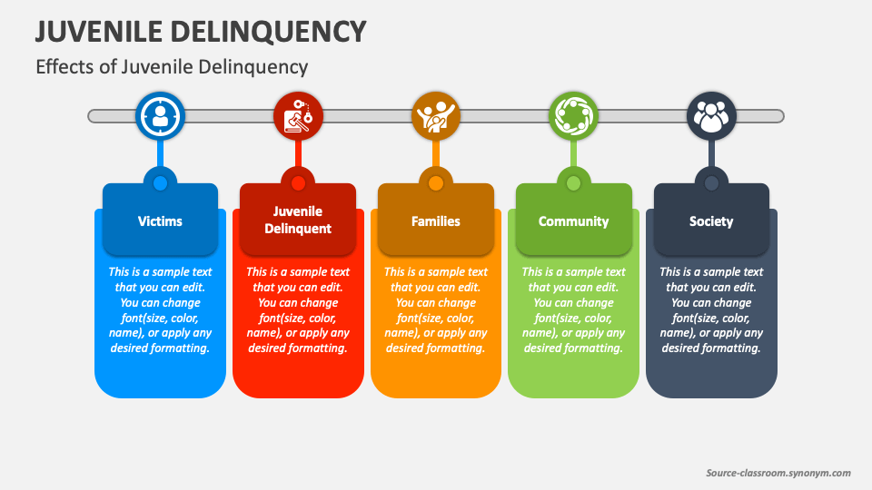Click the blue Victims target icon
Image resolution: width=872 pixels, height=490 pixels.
[x=160, y=116]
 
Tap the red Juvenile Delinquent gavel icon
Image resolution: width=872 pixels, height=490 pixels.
[x=298, y=116]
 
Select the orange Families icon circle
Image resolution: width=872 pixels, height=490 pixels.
[x=436, y=116]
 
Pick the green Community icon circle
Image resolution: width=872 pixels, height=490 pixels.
[x=573, y=116]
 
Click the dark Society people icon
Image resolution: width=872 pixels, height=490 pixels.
[x=711, y=116]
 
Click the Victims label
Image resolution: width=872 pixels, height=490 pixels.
[x=160, y=221]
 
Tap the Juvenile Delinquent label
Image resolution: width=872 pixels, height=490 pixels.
[x=298, y=220]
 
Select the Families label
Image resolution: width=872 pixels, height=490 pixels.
[x=436, y=221]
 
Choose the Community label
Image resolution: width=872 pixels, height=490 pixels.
[x=573, y=221]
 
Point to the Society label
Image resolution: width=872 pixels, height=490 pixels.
[x=711, y=221]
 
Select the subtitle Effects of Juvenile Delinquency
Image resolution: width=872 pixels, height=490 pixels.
[x=172, y=67]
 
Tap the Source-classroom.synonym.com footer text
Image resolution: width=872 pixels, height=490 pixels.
[x=778, y=473]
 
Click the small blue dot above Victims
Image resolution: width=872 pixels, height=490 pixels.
[x=160, y=183]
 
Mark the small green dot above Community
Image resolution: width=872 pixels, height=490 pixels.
[x=573, y=183]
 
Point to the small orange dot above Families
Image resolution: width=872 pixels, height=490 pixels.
[x=436, y=183]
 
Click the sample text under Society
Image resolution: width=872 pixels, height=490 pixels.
[x=711, y=310]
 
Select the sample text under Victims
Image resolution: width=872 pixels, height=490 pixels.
[x=160, y=310]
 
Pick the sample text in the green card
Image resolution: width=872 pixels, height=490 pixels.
[x=573, y=310]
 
